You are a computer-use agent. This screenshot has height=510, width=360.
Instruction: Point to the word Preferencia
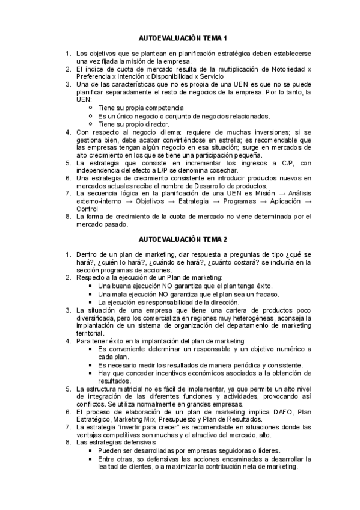[96, 76]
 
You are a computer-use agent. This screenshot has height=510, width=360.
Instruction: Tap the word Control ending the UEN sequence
[88, 209]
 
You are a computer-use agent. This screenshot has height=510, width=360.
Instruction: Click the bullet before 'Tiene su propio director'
[90, 124]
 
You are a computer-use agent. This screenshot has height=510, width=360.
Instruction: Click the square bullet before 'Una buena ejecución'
[90, 286]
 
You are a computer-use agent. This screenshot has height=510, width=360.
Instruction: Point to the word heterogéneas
[269, 318]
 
